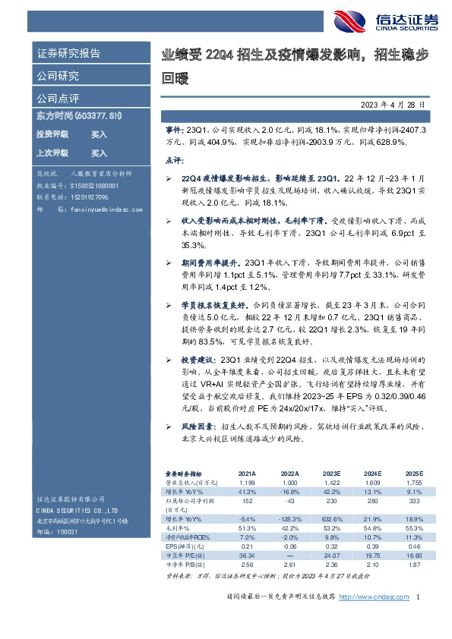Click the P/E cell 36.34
tap(247, 556)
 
